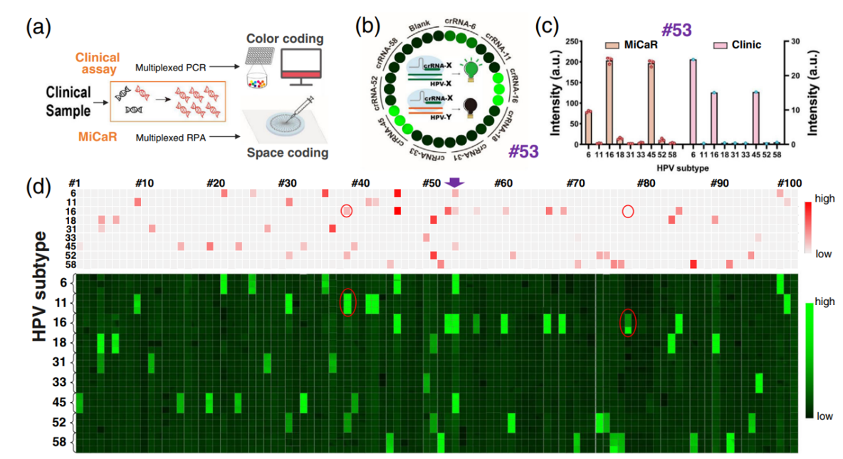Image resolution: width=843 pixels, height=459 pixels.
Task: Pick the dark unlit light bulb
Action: coord(471,107)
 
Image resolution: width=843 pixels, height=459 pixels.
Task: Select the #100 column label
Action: coord(790,182)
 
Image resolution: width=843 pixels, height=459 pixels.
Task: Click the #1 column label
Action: coord(73,182)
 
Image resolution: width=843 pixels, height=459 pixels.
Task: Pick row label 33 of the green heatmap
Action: coord(59,382)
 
